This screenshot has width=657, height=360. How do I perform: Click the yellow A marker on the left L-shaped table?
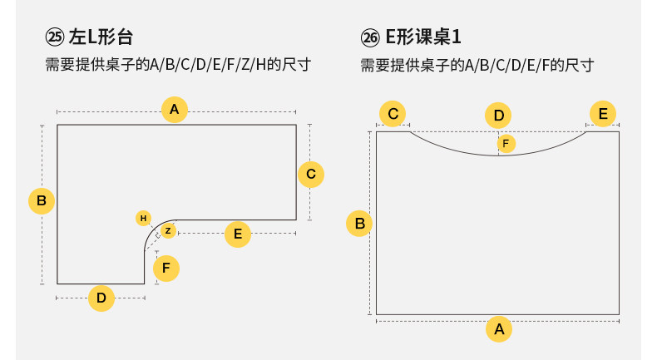174,110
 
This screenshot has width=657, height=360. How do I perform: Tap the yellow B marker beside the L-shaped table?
42,201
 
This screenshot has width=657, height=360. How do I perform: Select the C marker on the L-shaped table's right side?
310,174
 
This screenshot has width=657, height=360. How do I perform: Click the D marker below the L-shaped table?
101,298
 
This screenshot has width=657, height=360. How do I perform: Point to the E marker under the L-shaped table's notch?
238,234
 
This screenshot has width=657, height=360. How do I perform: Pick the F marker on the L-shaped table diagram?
166,269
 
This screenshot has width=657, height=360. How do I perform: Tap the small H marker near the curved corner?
144,218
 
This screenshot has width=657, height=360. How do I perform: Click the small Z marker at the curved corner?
168,230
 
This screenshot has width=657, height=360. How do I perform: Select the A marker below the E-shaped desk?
499,329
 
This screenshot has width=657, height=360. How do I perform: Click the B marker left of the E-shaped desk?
359,223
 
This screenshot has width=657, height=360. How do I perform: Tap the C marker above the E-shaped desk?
393,114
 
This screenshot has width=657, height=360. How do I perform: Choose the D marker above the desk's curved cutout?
499,116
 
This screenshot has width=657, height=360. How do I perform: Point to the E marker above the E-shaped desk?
603,114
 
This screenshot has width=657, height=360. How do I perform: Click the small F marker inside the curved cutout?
506,144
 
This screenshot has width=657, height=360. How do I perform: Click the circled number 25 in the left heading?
55,37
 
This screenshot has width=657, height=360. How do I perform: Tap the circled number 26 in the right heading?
370,37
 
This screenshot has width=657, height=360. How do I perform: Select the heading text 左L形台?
101,37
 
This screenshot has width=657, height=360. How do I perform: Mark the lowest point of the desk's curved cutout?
499,155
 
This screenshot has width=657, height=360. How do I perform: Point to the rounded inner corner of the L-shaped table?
153,232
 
